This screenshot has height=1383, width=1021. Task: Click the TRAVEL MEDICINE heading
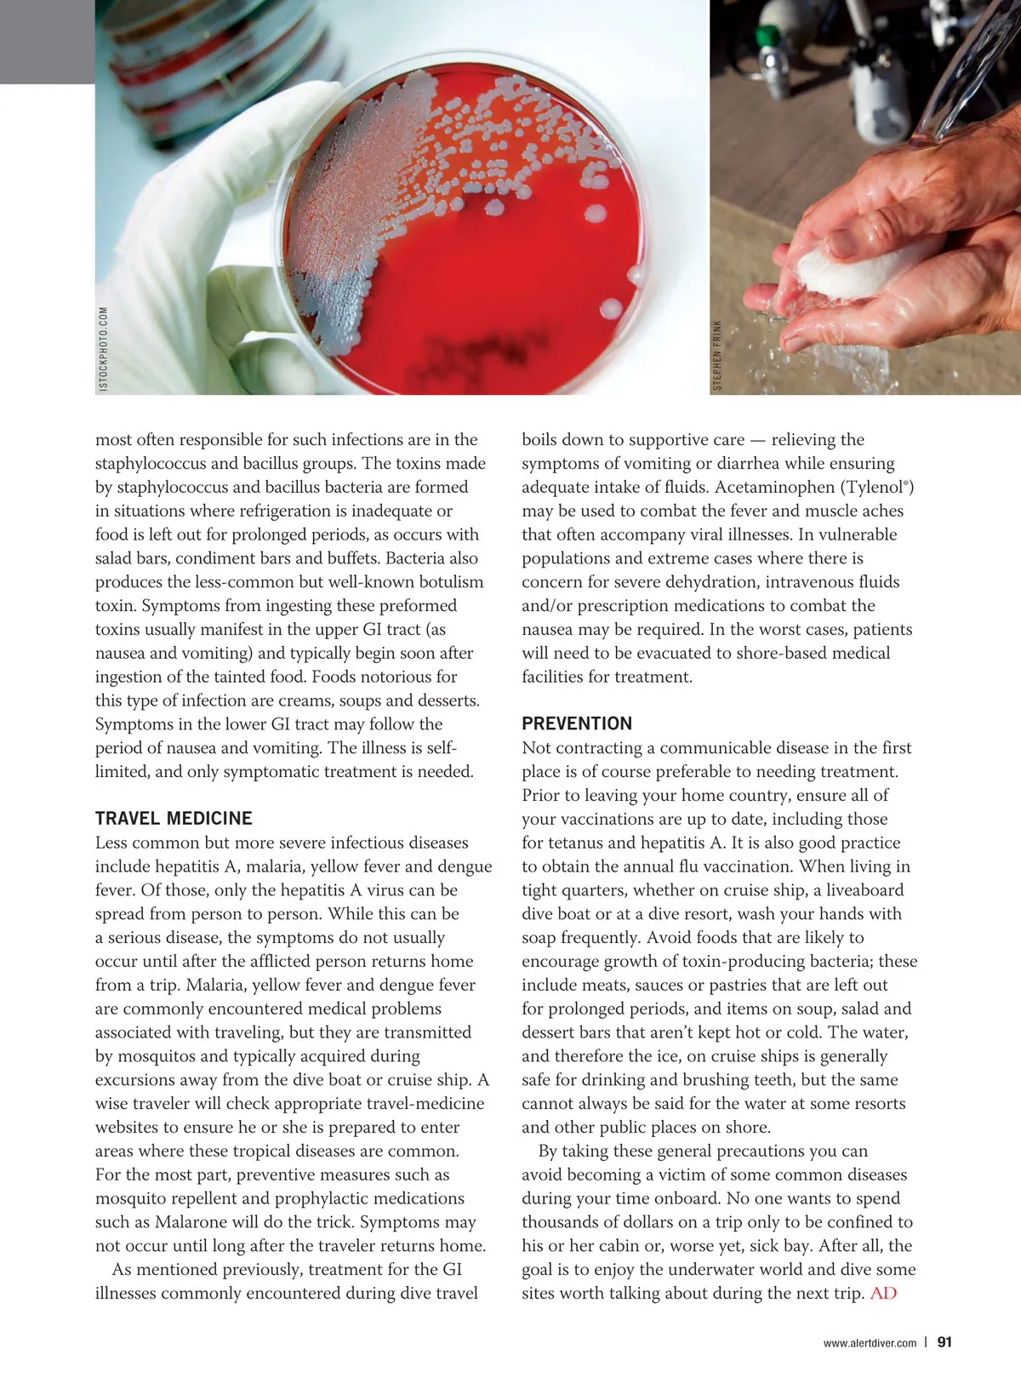[174, 819]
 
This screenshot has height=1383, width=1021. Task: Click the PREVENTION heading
[577, 723]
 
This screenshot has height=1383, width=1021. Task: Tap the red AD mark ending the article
[883, 1294]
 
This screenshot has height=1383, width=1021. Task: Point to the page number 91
[944, 1342]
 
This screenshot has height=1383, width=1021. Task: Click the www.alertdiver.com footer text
[870, 1343]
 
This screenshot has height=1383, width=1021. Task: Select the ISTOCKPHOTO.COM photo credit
[104, 349]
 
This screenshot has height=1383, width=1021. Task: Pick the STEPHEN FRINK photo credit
[717, 356]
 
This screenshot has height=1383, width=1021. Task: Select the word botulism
[442, 582]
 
